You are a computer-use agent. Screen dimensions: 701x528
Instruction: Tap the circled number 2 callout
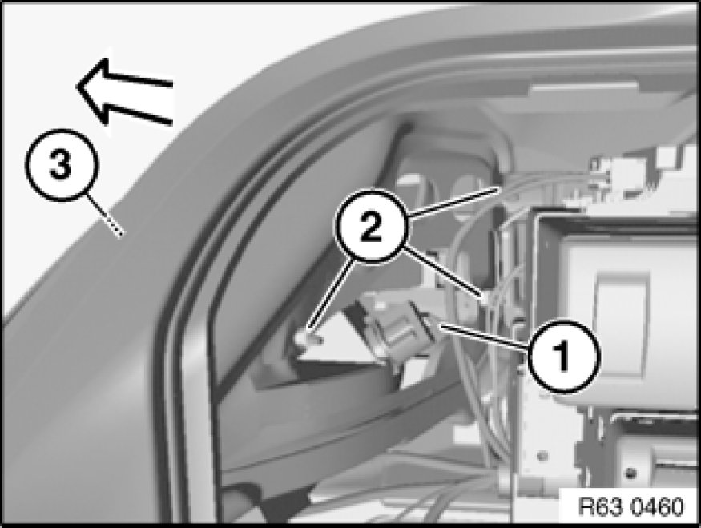[372, 226]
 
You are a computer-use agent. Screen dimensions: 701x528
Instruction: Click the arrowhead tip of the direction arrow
[77, 86]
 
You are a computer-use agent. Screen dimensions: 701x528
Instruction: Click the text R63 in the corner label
[599, 507]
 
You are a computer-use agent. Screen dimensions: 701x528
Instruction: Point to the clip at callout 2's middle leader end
[484, 297]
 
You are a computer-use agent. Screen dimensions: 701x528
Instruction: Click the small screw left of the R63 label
[542, 457]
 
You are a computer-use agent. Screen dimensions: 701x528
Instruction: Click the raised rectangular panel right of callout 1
[622, 308]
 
